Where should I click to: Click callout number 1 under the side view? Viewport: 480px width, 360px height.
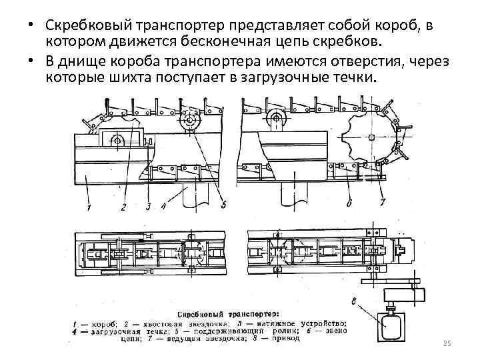[x=89, y=209]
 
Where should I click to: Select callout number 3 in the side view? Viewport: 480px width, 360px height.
[x=148, y=207]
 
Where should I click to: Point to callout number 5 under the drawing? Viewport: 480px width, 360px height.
[x=224, y=204]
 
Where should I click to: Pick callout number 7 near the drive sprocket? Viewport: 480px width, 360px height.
[x=381, y=201]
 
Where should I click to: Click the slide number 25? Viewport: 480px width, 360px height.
[x=447, y=343]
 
